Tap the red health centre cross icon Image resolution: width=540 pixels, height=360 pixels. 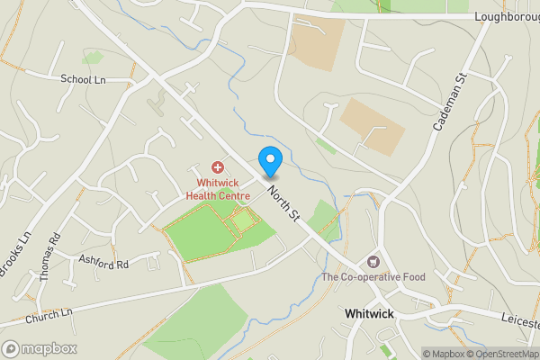pos(217,167)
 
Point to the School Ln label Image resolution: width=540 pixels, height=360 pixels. pos(83,79)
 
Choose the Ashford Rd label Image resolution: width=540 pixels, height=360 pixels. pos(103,264)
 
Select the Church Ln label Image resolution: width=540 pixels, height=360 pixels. pos(49,317)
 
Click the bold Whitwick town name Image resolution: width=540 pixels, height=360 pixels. pos(369,314)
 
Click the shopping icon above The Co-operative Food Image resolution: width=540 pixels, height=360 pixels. pos(373,261)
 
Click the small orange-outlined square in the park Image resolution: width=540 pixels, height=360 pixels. pos(242,220)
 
